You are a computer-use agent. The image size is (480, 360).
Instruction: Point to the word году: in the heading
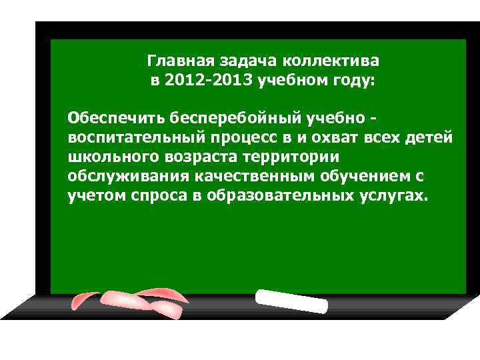[353, 81]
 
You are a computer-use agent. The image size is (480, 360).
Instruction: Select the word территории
[295, 157]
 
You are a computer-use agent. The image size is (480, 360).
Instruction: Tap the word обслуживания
[129, 177]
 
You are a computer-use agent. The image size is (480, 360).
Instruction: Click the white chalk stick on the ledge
[291, 301]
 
